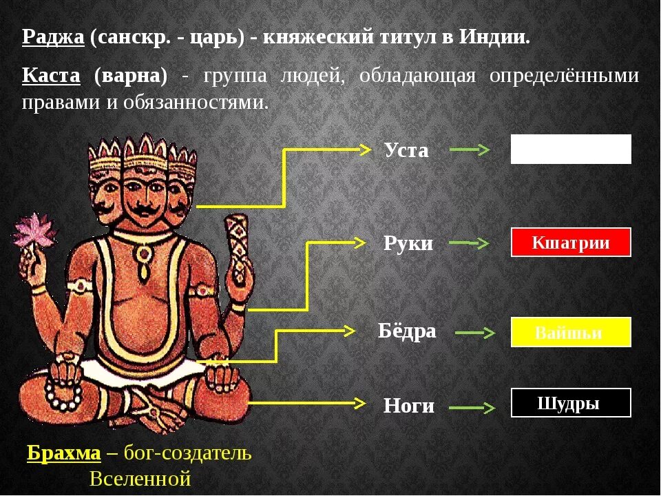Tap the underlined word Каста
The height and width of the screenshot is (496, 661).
click(51, 75)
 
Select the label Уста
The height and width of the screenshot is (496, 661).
click(406, 150)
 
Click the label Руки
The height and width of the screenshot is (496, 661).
click(408, 243)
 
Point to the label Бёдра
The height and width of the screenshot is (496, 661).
click(407, 331)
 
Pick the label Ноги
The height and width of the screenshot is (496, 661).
click(409, 406)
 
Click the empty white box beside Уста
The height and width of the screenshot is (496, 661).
click(571, 149)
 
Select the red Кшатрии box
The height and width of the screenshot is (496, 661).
click(571, 242)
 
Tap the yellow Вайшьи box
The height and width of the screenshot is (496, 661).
click(571, 332)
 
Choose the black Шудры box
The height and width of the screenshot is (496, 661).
click(571, 403)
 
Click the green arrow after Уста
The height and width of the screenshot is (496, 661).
click(470, 149)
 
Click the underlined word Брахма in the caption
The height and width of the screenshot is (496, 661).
click(63, 453)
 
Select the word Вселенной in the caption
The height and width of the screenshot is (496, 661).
click(140, 478)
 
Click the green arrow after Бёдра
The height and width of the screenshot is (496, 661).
click(475, 333)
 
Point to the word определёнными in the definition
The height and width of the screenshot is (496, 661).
click(564, 75)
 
